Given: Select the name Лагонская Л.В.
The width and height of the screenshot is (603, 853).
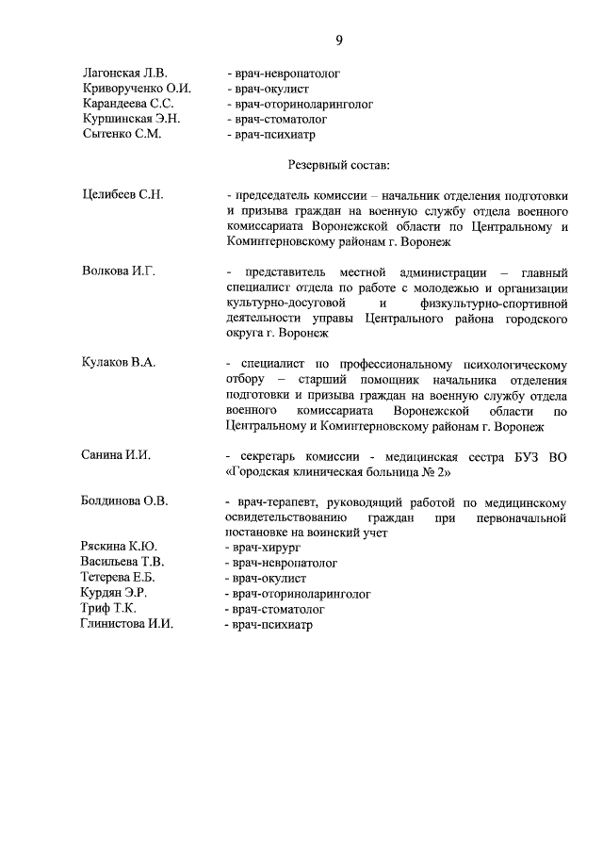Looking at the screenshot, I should [124, 73].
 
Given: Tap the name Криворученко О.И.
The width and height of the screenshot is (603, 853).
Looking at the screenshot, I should [137, 88].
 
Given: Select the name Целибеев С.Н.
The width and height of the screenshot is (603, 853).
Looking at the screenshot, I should [123, 195].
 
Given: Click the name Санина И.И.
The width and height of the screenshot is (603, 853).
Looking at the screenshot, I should [117, 455].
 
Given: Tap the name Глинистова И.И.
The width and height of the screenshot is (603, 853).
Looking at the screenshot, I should [128, 624].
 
